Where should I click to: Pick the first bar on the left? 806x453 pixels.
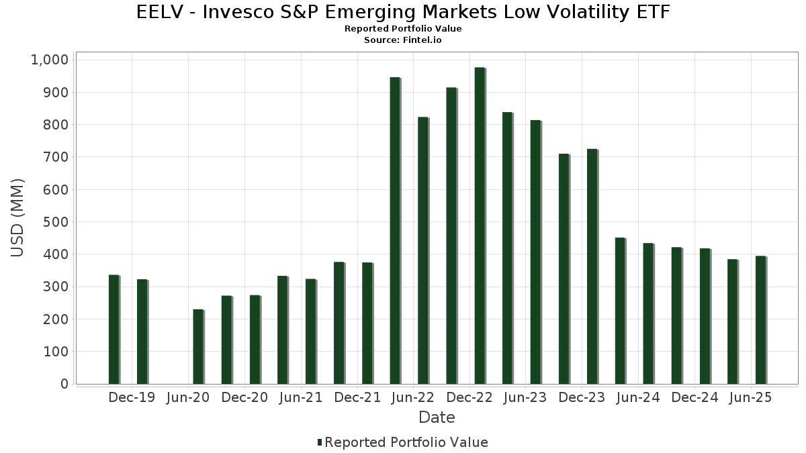(114, 329)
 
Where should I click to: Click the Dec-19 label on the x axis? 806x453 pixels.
(132, 397)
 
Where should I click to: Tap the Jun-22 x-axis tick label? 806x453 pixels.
(413, 397)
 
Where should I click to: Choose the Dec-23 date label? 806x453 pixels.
(582, 397)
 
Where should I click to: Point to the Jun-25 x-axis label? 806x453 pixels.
(750, 397)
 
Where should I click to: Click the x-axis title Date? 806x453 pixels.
(437, 417)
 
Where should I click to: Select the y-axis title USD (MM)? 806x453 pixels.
(18, 218)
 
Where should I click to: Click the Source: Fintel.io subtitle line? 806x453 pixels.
(403, 40)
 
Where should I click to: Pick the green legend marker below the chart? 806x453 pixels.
(320, 442)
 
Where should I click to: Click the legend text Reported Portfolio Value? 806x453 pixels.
(406, 442)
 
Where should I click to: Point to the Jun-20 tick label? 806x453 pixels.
(188, 397)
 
